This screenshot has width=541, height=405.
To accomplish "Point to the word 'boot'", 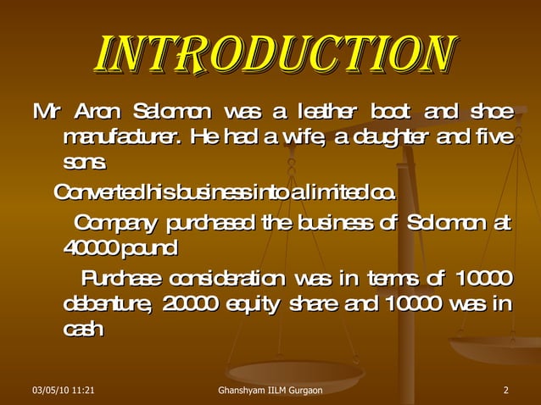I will [390, 112].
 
